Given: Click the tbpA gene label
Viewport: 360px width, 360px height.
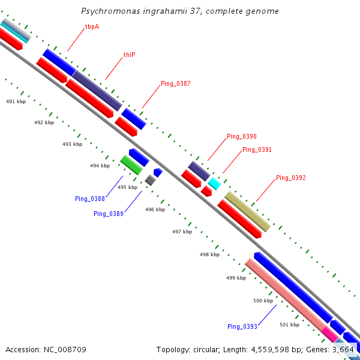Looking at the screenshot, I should pos(92,27).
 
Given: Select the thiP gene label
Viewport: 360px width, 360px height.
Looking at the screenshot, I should pos(130,55).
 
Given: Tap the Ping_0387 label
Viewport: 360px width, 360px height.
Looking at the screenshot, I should pos(175,83).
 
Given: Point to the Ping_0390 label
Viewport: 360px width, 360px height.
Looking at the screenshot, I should pos(241,137).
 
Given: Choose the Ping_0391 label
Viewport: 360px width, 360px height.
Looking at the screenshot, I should pos(257,149).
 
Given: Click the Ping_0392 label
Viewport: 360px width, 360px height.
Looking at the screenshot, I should pos(291,178).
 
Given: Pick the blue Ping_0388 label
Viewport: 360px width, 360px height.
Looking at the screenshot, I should pos(90,199).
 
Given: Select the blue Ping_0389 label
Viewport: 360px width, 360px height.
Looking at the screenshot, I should pos(109,214).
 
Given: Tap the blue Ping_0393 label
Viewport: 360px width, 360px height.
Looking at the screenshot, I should pos(242,326).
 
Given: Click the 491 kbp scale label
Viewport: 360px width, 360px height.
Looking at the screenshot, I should pos(16,102).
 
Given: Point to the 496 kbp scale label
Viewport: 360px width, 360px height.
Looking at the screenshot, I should pos(155,209).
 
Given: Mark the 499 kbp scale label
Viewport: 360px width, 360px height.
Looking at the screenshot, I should pos(236,278).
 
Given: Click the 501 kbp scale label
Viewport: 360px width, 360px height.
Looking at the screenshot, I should pos(289,325).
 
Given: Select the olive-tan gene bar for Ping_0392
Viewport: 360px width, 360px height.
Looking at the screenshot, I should pos(247,211).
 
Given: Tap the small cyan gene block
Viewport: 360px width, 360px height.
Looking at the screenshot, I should pos(214,184).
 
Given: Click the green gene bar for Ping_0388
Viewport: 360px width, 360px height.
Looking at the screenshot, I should pos(131,164).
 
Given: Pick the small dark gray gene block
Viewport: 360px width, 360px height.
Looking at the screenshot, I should pos(150,180).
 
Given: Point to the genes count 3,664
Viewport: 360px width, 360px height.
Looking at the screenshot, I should pos(343,349).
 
